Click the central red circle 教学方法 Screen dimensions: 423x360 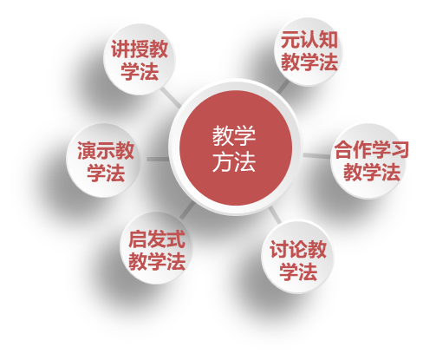tap(236, 147)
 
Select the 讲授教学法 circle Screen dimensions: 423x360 tap(140, 59)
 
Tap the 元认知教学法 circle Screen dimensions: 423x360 tap(309, 51)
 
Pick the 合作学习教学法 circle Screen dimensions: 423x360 tap(369, 160)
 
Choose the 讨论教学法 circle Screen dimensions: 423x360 tap(297, 257)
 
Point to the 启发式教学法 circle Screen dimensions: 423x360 tap(156, 248)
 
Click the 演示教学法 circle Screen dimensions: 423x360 tap(104, 160)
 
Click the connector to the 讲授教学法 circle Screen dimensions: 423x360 tap(171, 97)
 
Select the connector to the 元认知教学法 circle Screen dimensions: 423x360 tap(283, 87)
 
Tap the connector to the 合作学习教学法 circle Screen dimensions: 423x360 tap(316, 156)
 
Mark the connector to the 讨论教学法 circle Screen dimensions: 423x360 tap(275, 214)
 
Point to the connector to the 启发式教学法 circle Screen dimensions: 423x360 tap(187, 210)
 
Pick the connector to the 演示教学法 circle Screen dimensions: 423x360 tap(158, 159)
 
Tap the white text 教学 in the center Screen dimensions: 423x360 tap(234, 135)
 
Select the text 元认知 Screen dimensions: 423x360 tap(309, 40)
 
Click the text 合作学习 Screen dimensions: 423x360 tap(372, 149)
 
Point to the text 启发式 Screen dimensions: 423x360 tap(157, 239)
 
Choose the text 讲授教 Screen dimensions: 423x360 tap(140, 49)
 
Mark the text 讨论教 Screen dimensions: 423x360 tap(298, 249)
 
